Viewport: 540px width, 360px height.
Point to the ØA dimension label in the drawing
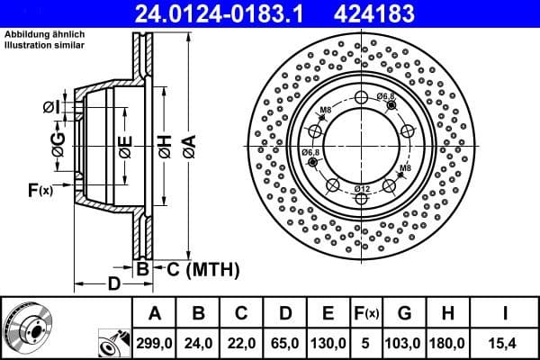[187, 143]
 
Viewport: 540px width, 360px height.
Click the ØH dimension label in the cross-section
[165, 143]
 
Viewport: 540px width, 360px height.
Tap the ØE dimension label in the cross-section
[125, 143]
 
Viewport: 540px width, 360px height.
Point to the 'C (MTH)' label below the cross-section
[196, 268]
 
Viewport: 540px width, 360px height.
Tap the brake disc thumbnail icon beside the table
[27, 327]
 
